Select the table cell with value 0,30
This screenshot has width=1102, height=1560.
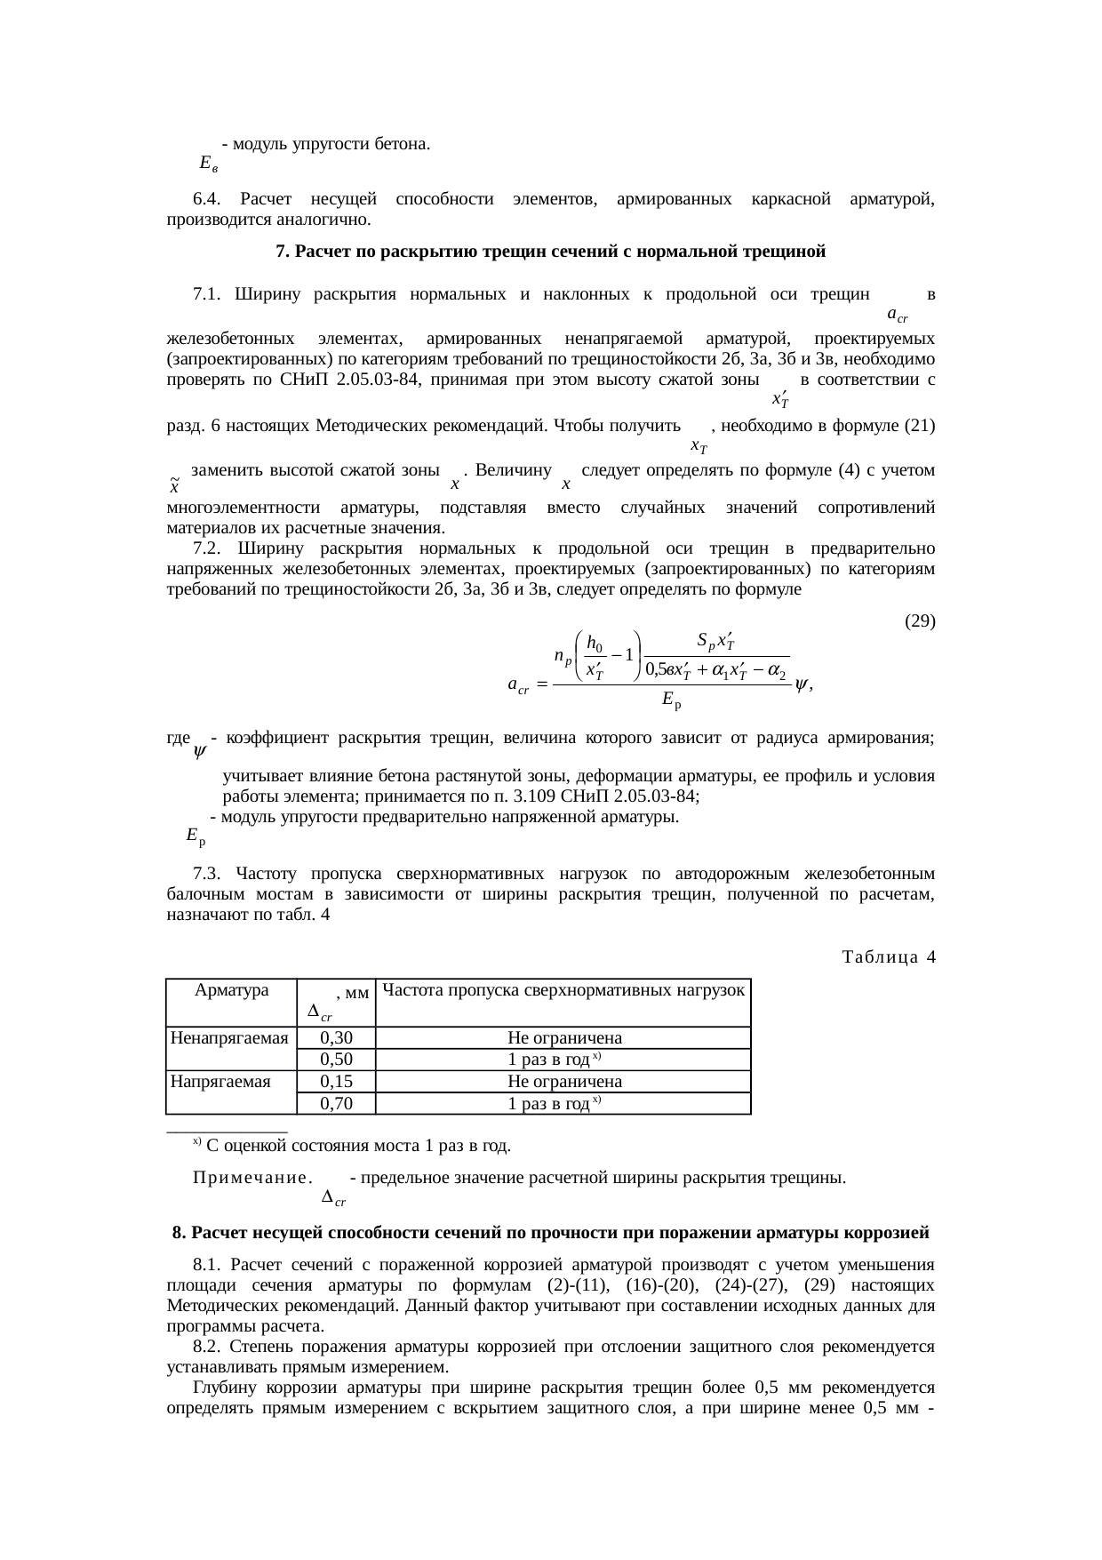click(336, 1037)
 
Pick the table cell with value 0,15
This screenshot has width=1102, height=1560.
click(336, 1081)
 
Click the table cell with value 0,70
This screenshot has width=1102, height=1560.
click(336, 1103)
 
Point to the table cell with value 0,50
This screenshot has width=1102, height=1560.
click(336, 1059)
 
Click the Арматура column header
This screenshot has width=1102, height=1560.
click(231, 990)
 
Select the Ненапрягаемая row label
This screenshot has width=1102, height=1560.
click(230, 1037)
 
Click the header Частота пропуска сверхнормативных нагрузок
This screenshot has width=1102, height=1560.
click(563, 989)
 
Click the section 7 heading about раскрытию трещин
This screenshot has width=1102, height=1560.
click(550, 252)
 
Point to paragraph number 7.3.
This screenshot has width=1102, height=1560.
click(206, 873)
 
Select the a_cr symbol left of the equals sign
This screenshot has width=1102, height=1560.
click(518, 685)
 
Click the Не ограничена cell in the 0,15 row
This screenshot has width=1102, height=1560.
click(563, 1081)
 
